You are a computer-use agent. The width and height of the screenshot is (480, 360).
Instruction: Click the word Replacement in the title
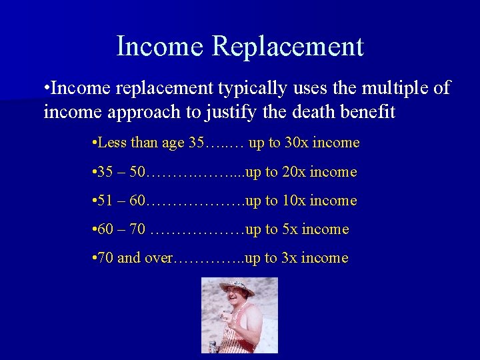pos(288,47)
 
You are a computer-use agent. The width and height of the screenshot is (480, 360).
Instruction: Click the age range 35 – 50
pos(120,172)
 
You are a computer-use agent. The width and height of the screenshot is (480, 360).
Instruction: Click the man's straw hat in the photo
pos(237,287)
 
